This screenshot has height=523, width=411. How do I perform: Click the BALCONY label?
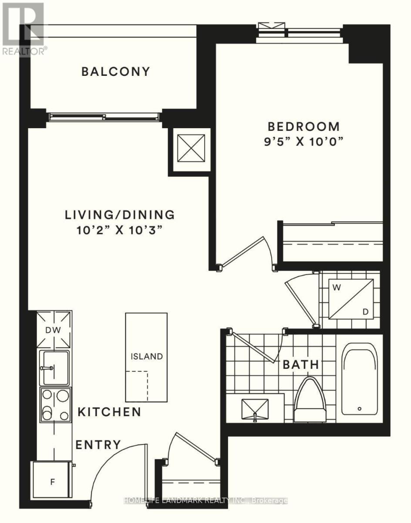[x=115, y=71]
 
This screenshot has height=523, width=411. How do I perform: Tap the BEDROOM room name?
[x=304, y=126]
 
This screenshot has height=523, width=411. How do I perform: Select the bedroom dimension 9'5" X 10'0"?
[x=304, y=142]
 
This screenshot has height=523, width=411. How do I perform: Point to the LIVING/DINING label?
[x=120, y=214]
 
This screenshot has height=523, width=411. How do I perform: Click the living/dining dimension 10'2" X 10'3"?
[x=119, y=230]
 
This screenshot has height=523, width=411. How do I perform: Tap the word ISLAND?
[x=147, y=357]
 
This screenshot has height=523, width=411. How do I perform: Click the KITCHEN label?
[x=109, y=412]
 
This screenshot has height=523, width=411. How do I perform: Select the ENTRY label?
[x=98, y=445]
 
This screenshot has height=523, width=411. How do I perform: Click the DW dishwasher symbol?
[x=54, y=329]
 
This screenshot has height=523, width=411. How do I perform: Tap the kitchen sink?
[x=54, y=368]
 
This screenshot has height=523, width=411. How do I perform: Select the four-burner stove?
[x=56, y=405]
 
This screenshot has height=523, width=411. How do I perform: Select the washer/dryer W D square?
[x=351, y=299]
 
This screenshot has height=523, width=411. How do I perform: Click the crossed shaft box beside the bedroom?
[x=191, y=148]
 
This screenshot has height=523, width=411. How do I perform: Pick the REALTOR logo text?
[x=24, y=51]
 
